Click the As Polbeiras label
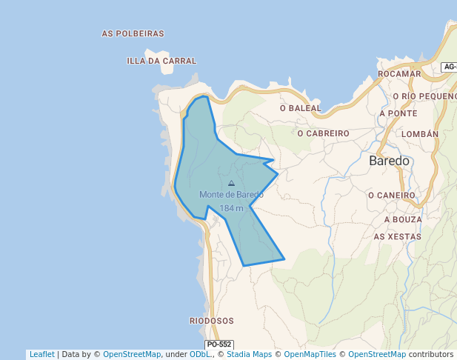(133, 34)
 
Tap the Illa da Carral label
(161, 61)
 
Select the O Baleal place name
(301, 108)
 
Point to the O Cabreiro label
(323, 133)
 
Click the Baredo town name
(389, 161)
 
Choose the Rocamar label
(399, 74)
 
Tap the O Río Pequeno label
(424, 96)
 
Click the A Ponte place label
(398, 113)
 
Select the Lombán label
(419, 134)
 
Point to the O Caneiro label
(392, 195)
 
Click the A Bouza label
(403, 220)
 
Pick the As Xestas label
(398, 236)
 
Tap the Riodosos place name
(212, 321)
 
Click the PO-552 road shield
(219, 344)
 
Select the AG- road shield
(449, 67)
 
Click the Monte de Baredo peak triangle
(231, 183)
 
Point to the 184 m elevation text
(231, 208)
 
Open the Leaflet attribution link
(41, 355)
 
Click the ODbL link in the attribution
(200, 355)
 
